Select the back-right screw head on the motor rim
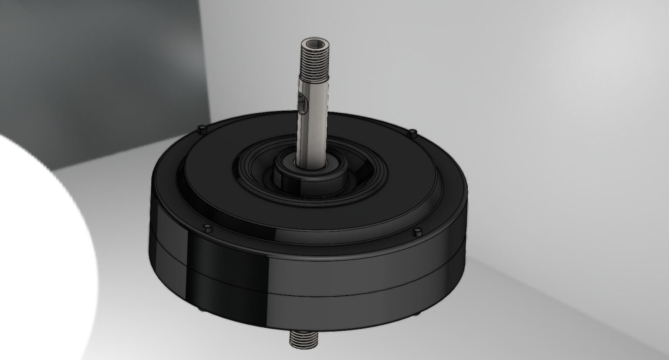coord(412,132)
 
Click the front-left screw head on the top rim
coord(207,227)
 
